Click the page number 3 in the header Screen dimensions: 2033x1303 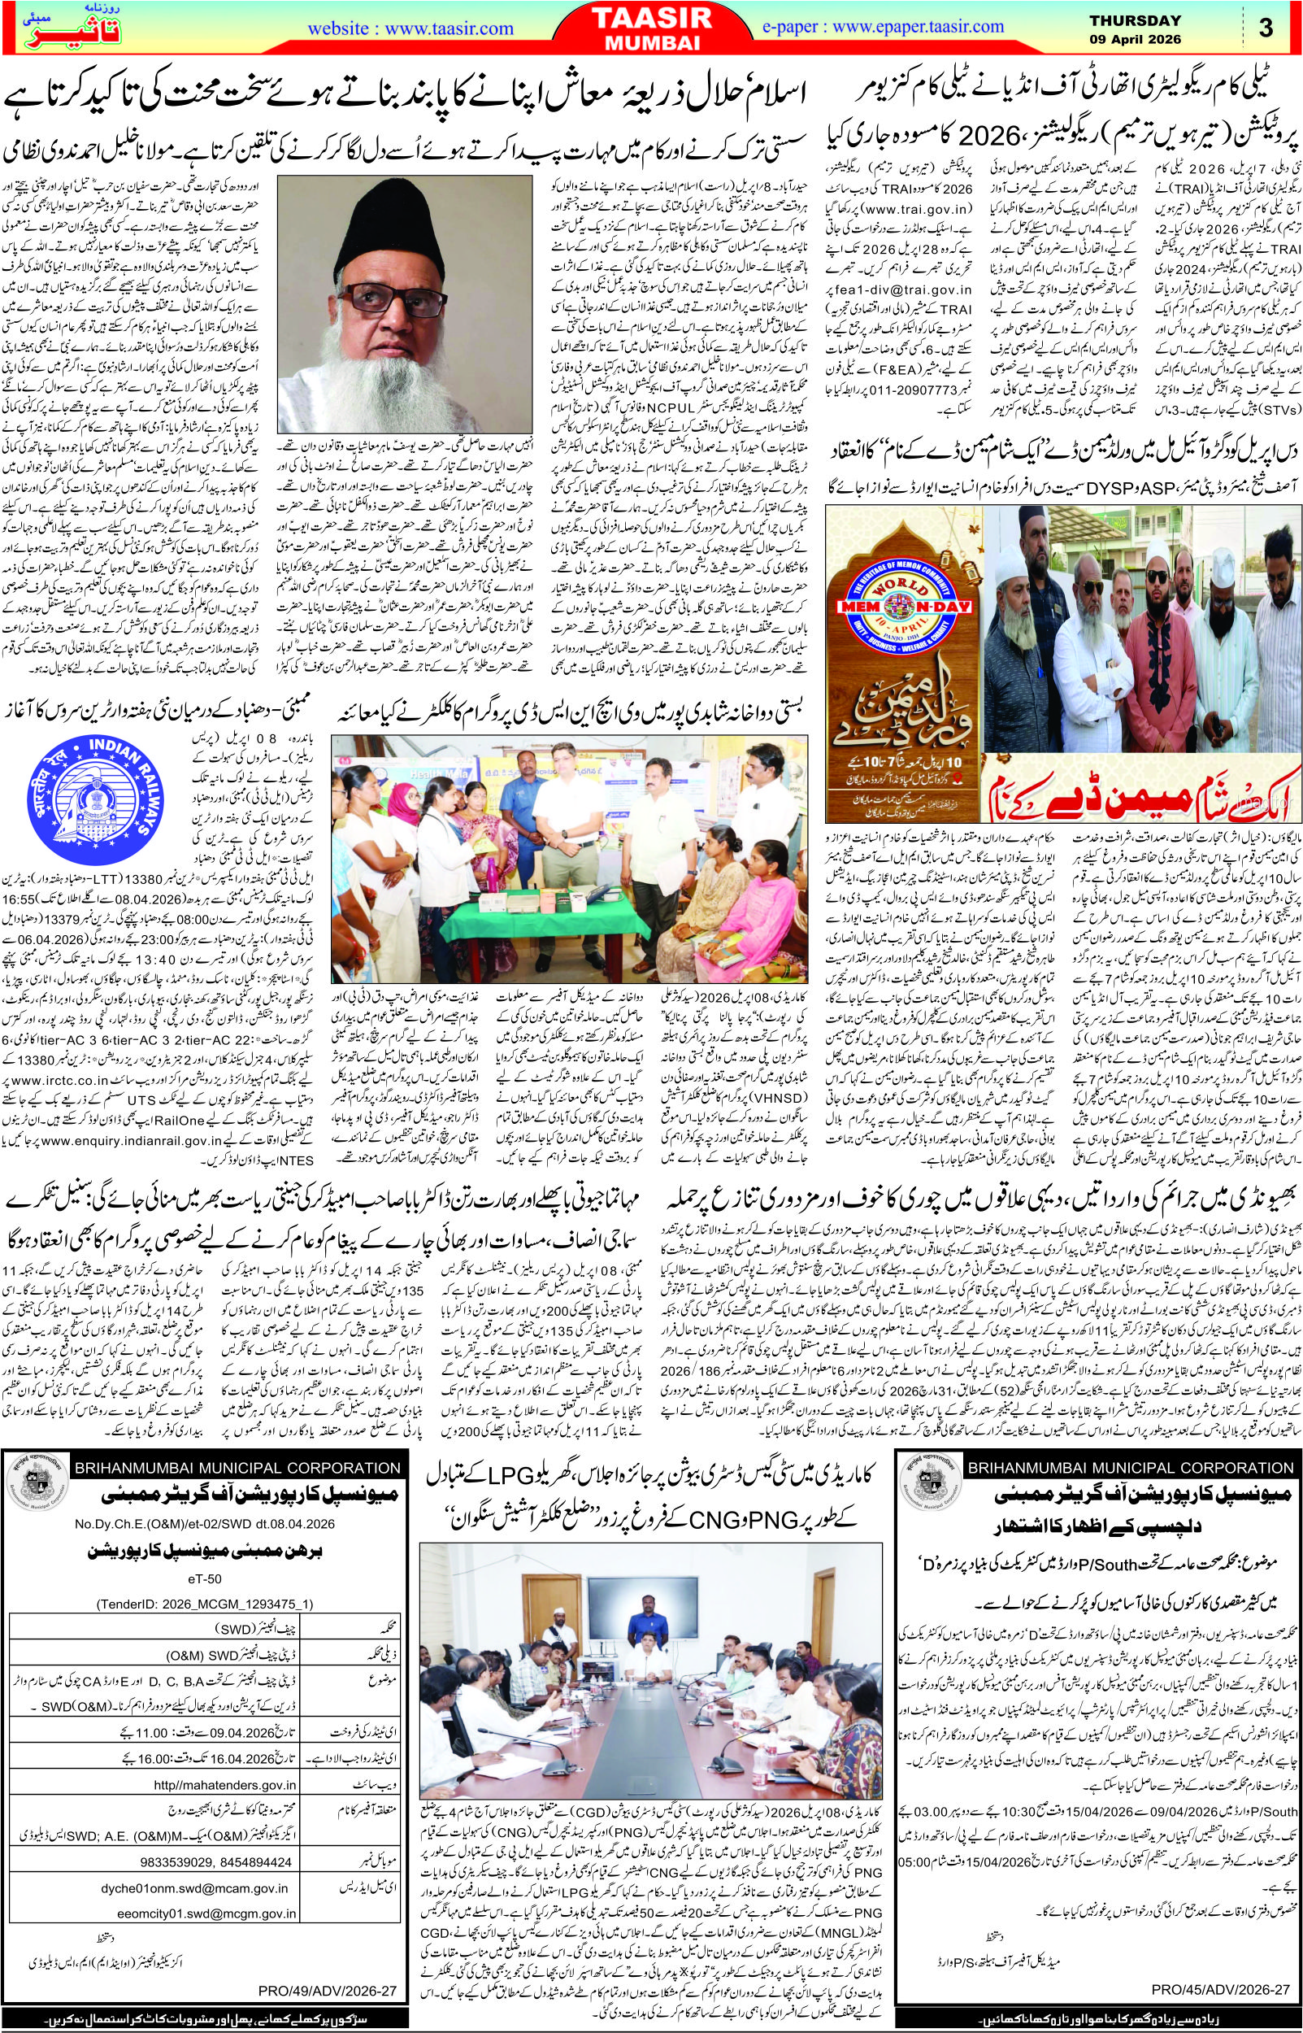coord(1266,28)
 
